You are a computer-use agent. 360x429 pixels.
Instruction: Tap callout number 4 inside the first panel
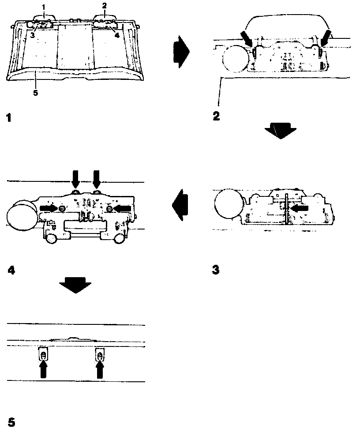(x=117, y=35)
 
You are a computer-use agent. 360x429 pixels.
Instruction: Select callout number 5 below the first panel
(x=36, y=93)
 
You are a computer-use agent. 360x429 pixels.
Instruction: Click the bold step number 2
(x=216, y=117)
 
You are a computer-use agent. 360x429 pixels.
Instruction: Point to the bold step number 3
(x=216, y=269)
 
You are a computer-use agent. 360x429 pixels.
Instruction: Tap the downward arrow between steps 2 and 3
(x=281, y=131)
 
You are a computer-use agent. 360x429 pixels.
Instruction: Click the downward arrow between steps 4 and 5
(x=75, y=285)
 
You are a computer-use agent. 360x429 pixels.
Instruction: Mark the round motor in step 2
(x=236, y=58)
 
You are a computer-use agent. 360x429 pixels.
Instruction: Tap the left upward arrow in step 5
(x=43, y=369)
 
